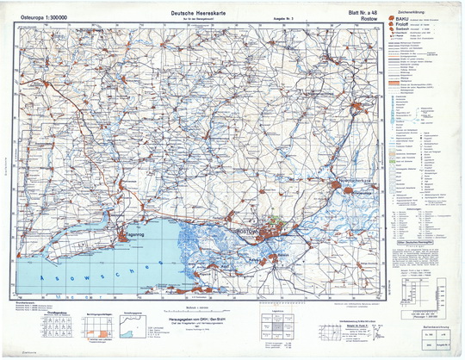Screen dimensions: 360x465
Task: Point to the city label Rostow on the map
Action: click(x=251, y=233)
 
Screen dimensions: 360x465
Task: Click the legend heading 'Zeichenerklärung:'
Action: click(x=412, y=8)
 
